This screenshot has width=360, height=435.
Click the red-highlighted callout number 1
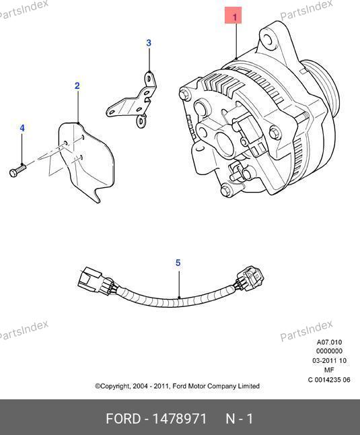tap(234, 17)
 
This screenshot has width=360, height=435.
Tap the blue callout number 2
tap(77, 86)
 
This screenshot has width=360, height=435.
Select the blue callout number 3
tap(149, 42)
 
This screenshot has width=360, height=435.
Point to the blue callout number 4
tap(22, 128)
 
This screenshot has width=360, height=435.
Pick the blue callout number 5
tap(178, 263)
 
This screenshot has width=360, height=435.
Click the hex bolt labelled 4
tap(17, 170)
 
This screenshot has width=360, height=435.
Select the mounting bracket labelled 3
tap(133, 100)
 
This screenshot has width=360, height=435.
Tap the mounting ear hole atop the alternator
tap(267, 40)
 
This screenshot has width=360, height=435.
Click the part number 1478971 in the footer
tap(180, 419)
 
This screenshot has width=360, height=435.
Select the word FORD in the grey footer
tap(123, 419)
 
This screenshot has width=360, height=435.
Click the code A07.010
tap(329, 342)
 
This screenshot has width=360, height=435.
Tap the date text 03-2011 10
tap(329, 361)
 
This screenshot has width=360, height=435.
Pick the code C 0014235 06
tap(329, 380)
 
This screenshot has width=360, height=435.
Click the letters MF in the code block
tap(329, 370)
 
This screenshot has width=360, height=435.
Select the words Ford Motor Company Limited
tap(216, 386)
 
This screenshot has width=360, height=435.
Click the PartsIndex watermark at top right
tap(306, 11)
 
